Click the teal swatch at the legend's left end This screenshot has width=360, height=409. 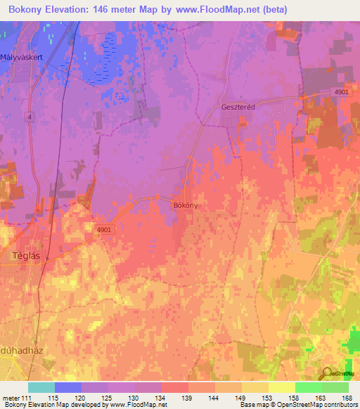pos(41,387)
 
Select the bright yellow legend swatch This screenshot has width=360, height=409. pos(281,387)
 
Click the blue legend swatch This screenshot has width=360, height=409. pos(68,387)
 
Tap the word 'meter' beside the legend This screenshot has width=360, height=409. pos(10,397)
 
